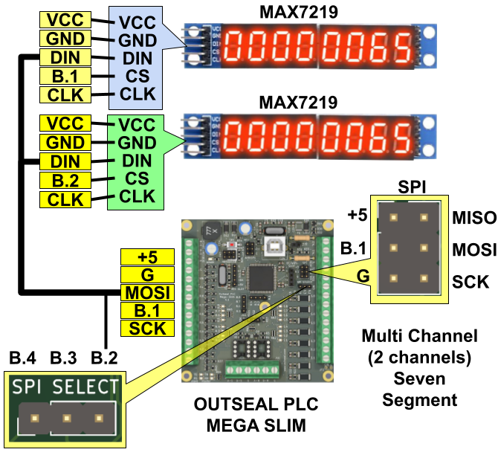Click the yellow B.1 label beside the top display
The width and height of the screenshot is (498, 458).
(65, 76)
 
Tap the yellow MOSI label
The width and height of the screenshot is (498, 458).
(147, 292)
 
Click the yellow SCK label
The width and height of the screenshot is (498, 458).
(147, 328)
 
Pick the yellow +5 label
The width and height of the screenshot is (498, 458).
(147, 257)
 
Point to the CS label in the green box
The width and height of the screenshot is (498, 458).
(138, 178)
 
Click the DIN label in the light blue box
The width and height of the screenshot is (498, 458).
(138, 58)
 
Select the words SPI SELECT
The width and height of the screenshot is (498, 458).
(65, 387)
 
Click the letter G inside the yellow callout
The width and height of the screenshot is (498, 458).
(363, 277)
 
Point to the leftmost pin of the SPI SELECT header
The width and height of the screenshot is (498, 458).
(34, 419)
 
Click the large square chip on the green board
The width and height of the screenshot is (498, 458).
(261, 278)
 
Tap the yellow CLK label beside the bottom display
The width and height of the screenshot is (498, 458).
(65, 199)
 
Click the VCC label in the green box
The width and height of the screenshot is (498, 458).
(138, 125)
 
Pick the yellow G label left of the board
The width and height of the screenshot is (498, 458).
(147, 274)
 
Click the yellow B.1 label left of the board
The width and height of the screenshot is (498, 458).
(147, 310)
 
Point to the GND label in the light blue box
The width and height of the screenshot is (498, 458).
(138, 40)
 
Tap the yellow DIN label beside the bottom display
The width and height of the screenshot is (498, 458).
(65, 161)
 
